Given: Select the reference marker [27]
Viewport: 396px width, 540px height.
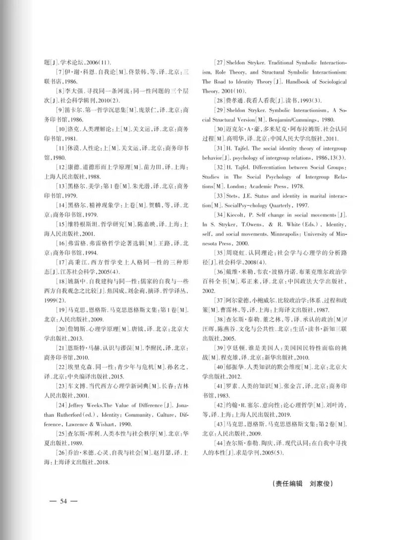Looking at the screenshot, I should [x=220, y=64].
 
